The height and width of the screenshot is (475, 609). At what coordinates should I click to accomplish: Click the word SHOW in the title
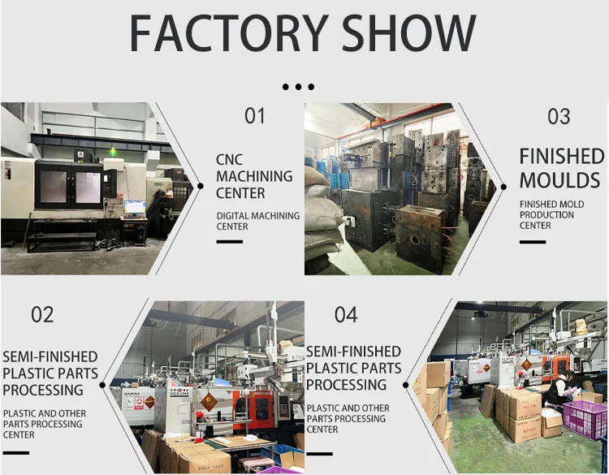coord(410,34)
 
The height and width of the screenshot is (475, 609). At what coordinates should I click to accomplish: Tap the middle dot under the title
coord(298,87)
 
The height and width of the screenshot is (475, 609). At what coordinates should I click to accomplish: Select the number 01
coord(255,116)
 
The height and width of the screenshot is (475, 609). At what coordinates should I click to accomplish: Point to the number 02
coord(42,315)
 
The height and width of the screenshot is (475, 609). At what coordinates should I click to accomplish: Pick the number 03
coord(559,117)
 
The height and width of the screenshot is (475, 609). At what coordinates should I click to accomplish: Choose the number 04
coord(346,315)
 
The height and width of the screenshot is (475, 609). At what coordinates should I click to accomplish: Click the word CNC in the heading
coord(229,159)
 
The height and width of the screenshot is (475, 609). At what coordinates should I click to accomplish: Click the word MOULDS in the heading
coord(559,180)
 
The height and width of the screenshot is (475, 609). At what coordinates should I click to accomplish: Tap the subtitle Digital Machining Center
coord(257,221)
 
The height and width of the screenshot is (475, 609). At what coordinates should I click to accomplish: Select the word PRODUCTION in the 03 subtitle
coord(546,215)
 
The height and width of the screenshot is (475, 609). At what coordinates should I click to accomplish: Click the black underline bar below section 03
coord(533,241)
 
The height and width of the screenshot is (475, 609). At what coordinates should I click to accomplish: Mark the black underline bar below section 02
coord(15,452)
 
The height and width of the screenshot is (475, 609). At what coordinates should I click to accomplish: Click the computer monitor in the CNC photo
coord(135,207)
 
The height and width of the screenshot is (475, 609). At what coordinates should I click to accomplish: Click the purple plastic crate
coord(585,419)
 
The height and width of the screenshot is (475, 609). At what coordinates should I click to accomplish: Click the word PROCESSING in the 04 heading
coord(346,385)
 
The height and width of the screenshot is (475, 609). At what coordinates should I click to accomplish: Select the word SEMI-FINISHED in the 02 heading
coord(50,356)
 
